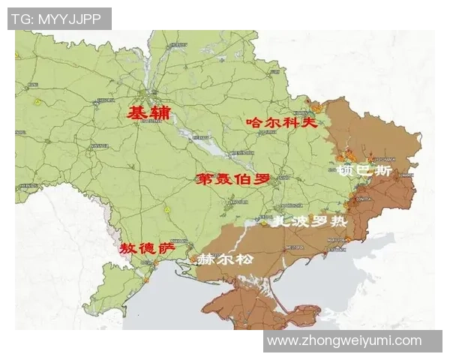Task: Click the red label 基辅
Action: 148,113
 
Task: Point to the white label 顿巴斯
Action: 364,170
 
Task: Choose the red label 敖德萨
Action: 148,247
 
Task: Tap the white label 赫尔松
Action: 225,259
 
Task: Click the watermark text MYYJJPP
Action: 69,19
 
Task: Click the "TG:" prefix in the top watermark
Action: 22,19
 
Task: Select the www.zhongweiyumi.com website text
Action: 344,340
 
